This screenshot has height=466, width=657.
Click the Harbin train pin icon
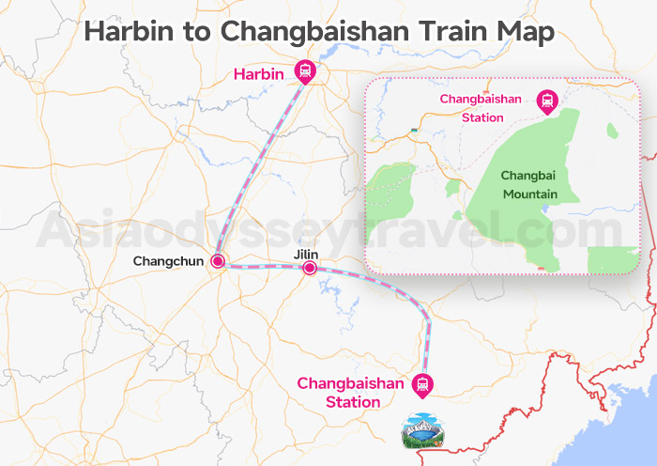pyautogui.click(x=305, y=70)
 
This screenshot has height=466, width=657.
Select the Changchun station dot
pyautogui.click(x=217, y=261)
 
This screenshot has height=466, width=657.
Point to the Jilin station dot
pyautogui.click(x=310, y=269)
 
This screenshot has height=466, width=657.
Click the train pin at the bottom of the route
pyautogui.click(x=424, y=383)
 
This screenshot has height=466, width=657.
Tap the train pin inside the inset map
pyautogui.click(x=546, y=100)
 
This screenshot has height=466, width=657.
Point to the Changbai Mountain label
pyautogui.click(x=529, y=185)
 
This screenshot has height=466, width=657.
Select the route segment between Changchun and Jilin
pyautogui.click(x=263, y=266)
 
